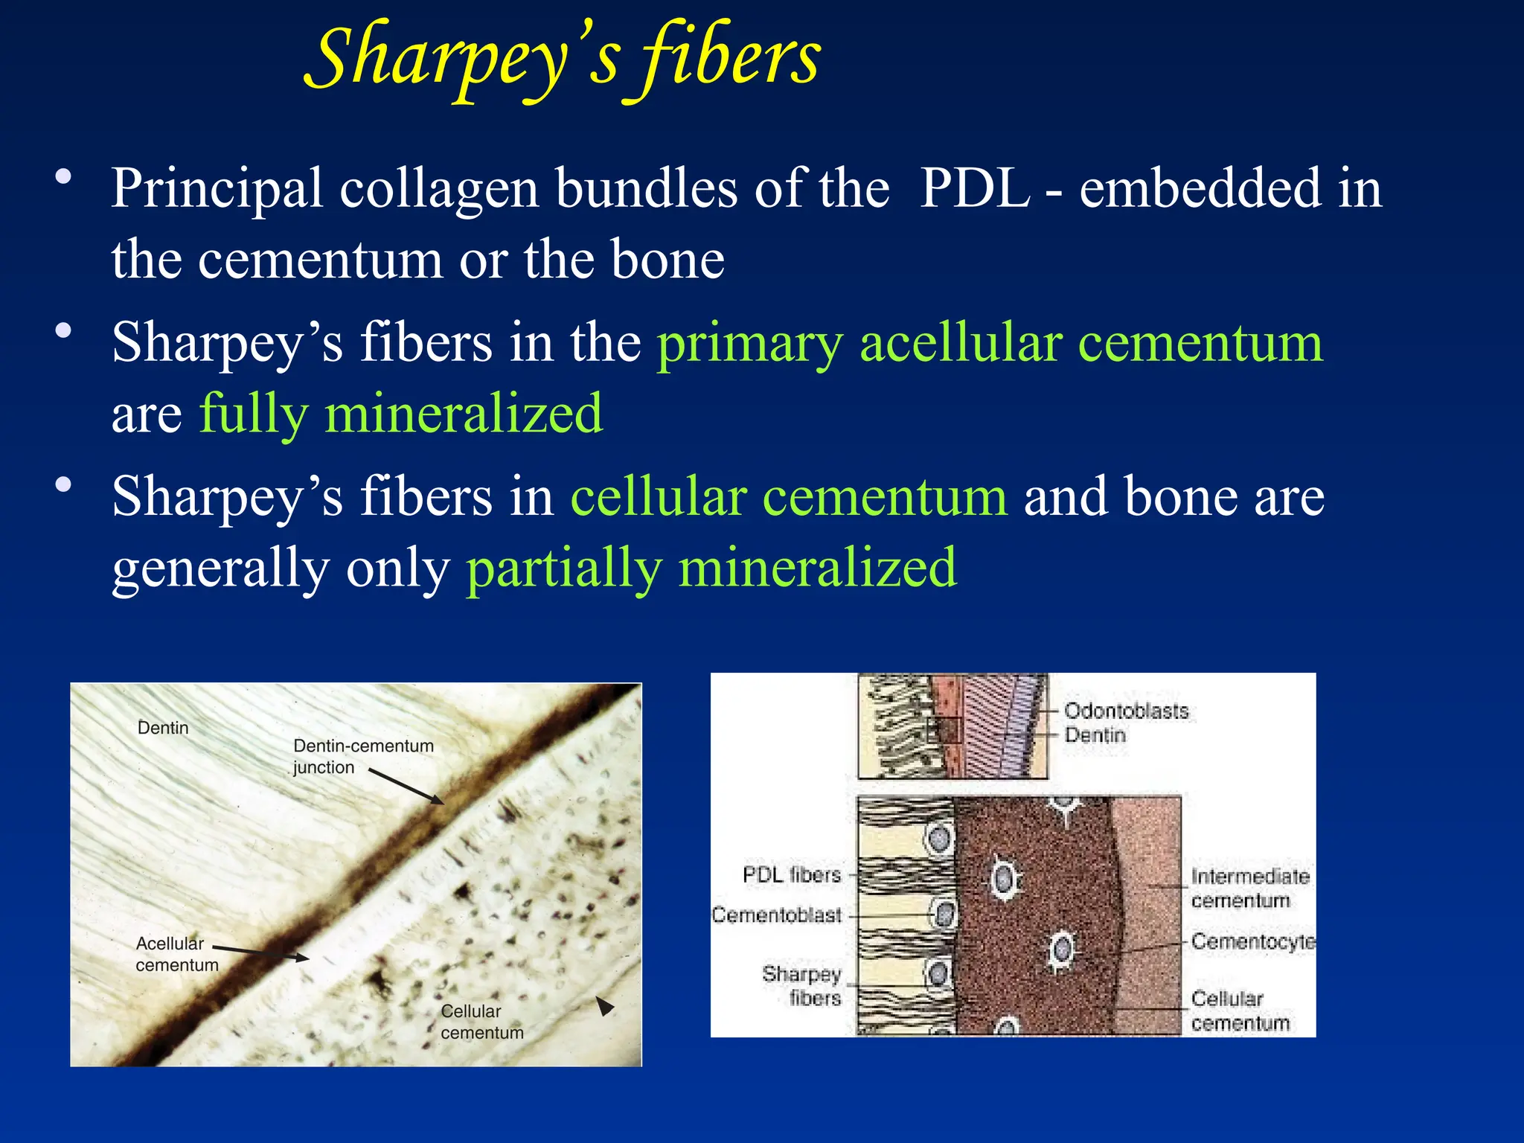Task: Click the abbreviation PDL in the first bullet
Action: click(x=974, y=188)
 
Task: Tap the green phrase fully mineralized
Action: click(x=401, y=414)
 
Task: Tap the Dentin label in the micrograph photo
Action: click(x=163, y=728)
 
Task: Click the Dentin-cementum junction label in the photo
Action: click(x=362, y=756)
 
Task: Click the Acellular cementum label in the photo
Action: click(x=176, y=954)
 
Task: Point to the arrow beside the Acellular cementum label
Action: click(x=260, y=952)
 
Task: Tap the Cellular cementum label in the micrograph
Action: click(x=481, y=1022)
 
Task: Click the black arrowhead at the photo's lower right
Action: click(x=606, y=1006)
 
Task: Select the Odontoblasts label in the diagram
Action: click(x=1126, y=711)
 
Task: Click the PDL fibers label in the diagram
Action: click(x=791, y=874)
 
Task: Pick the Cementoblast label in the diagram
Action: click(x=776, y=915)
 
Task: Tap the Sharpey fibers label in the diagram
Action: click(x=801, y=985)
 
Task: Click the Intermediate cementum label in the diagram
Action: click(x=1249, y=889)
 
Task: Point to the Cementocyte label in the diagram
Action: click(x=1252, y=941)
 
